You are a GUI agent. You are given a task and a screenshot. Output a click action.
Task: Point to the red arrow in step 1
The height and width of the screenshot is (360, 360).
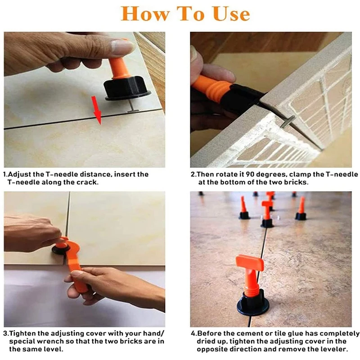click(x=97, y=110)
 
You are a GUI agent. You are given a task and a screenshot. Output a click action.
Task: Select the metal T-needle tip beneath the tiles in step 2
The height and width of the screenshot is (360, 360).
click(x=288, y=121)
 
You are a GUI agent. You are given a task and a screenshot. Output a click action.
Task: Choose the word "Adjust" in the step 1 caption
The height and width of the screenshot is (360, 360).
click(x=19, y=175)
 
